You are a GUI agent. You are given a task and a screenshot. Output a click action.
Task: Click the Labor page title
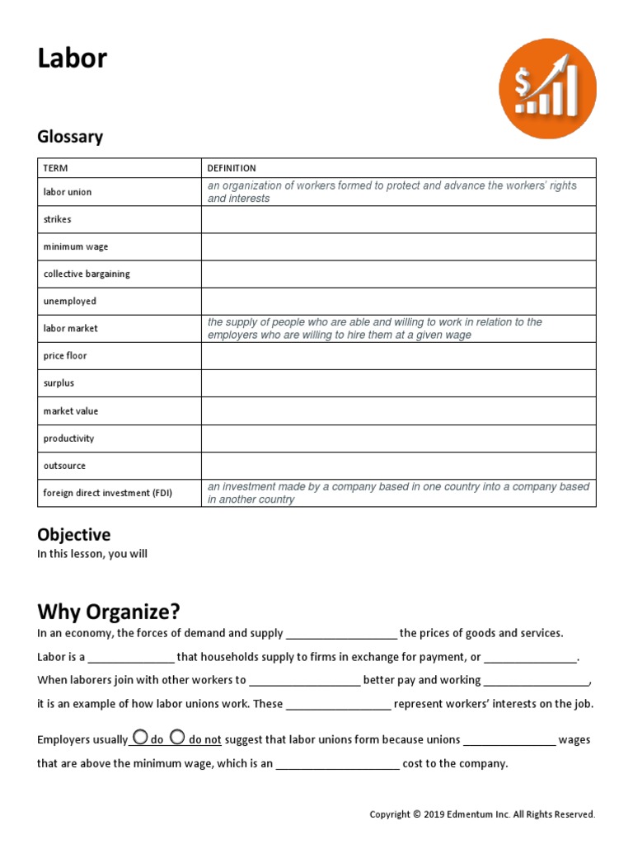click(x=72, y=59)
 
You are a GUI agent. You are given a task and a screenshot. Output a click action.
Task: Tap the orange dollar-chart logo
click(x=547, y=88)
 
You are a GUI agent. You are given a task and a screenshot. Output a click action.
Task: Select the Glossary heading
click(x=70, y=137)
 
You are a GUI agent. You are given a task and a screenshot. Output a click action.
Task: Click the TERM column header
click(x=55, y=168)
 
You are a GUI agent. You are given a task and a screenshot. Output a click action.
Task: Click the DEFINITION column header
click(x=232, y=168)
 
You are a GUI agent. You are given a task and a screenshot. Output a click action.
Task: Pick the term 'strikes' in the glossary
click(x=58, y=219)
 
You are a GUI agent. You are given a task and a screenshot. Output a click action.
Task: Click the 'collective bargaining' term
click(x=87, y=274)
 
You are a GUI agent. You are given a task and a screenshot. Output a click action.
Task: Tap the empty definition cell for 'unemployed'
click(x=398, y=301)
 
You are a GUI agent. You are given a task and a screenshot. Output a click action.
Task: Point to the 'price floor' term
click(x=65, y=356)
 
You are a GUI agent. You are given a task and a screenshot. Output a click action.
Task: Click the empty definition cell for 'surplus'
click(x=398, y=383)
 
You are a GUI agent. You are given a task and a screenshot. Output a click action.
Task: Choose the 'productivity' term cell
click(x=69, y=438)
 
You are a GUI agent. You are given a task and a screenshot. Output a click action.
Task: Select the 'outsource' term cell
click(x=64, y=466)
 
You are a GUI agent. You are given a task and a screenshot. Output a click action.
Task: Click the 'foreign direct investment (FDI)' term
click(x=108, y=493)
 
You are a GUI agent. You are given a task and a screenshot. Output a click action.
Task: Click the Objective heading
click(x=73, y=535)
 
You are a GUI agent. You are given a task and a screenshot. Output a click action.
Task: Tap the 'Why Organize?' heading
click(x=108, y=612)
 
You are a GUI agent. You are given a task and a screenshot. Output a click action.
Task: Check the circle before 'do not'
click(x=176, y=738)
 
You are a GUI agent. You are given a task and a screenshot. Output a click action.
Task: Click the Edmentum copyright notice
click(x=481, y=814)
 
